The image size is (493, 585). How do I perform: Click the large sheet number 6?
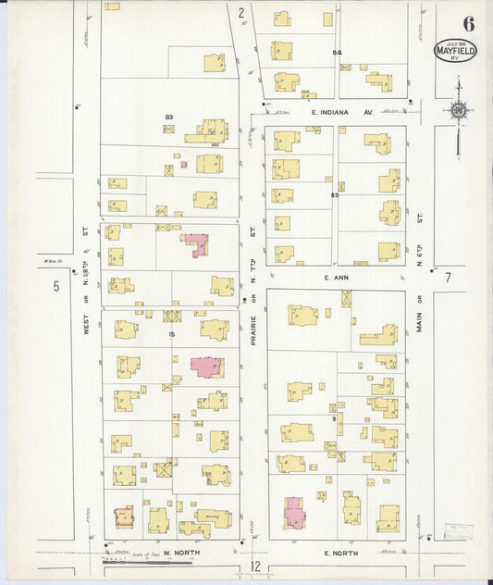pyautogui.click(x=468, y=23)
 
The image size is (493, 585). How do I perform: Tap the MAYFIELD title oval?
pyautogui.click(x=455, y=52)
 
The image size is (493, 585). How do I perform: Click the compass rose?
pyautogui.click(x=457, y=110)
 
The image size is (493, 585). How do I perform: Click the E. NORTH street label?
pyautogui.click(x=339, y=553)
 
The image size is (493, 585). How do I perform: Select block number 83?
pyautogui.click(x=169, y=117)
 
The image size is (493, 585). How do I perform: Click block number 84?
pyautogui.click(x=338, y=53)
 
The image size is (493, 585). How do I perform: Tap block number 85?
pyautogui.click(x=334, y=195)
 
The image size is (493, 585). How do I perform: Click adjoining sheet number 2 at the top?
pyautogui.click(x=240, y=12)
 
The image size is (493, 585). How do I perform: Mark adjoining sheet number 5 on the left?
pyautogui.click(x=55, y=287)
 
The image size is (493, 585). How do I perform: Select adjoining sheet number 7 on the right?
pyautogui.click(x=447, y=278)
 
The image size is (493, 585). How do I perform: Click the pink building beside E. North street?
pyautogui.click(x=294, y=512)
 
